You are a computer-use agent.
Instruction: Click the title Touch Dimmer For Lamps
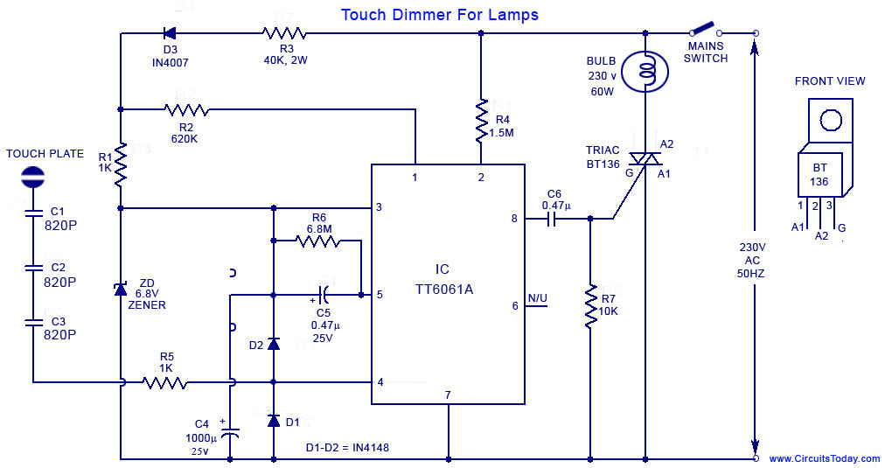[439, 15]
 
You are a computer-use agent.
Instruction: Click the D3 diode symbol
[170, 34]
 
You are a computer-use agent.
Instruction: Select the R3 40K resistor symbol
[284, 34]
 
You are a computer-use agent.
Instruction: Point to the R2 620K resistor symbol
[186, 109]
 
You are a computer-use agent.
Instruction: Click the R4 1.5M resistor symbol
[481, 122]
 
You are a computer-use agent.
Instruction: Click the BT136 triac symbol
[645, 158]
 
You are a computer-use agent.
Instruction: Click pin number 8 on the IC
[514, 219]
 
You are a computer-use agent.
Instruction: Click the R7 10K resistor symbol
[590, 306]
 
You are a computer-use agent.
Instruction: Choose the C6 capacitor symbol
[553, 219]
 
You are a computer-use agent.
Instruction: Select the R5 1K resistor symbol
[166, 382]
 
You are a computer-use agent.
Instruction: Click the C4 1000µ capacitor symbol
[229, 432]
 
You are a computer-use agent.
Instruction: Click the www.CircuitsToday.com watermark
[824, 458]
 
